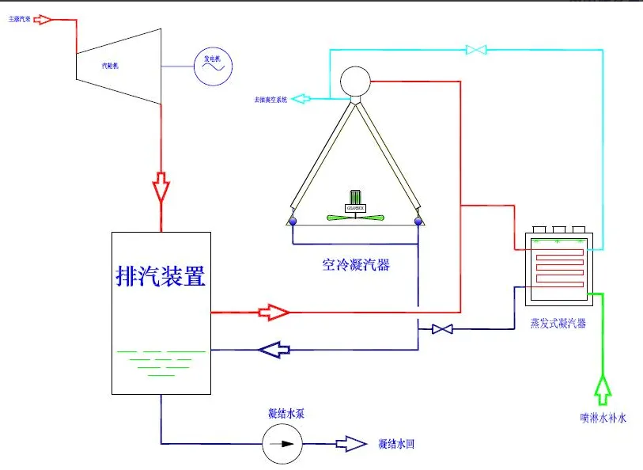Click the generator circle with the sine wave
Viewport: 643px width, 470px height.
[x=212, y=66]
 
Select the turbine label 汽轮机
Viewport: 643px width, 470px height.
[x=110, y=66]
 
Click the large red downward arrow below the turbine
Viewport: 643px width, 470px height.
[x=161, y=188]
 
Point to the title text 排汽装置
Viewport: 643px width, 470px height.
[x=161, y=276]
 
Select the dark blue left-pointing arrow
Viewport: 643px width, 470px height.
[x=274, y=349]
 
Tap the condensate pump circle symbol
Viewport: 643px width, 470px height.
[x=282, y=444]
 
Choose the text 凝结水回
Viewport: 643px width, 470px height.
[x=396, y=444]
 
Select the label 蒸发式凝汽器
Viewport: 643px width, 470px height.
[x=558, y=324]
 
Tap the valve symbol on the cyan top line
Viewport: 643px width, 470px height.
[x=476, y=50]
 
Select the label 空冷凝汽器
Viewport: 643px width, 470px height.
[x=355, y=265]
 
